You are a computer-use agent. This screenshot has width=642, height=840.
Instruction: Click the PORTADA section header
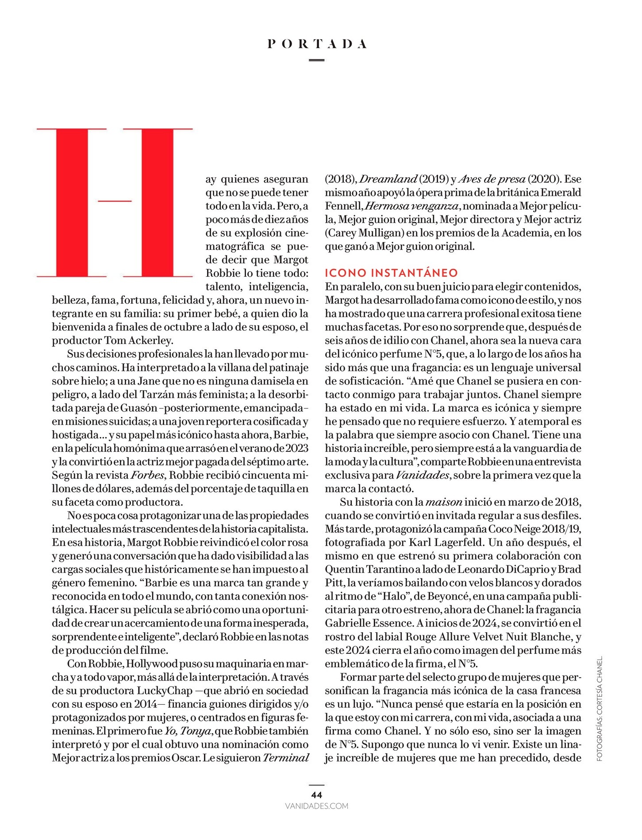[x=317, y=44]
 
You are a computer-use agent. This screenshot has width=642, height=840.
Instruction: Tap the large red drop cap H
[x=115, y=203]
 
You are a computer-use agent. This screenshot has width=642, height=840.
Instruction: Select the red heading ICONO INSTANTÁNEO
[x=391, y=273]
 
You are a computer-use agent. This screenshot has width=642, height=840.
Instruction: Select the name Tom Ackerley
[x=144, y=340]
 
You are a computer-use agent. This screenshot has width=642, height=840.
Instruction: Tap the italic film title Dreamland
[x=388, y=179]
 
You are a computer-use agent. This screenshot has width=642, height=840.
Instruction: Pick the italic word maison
[x=444, y=502]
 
